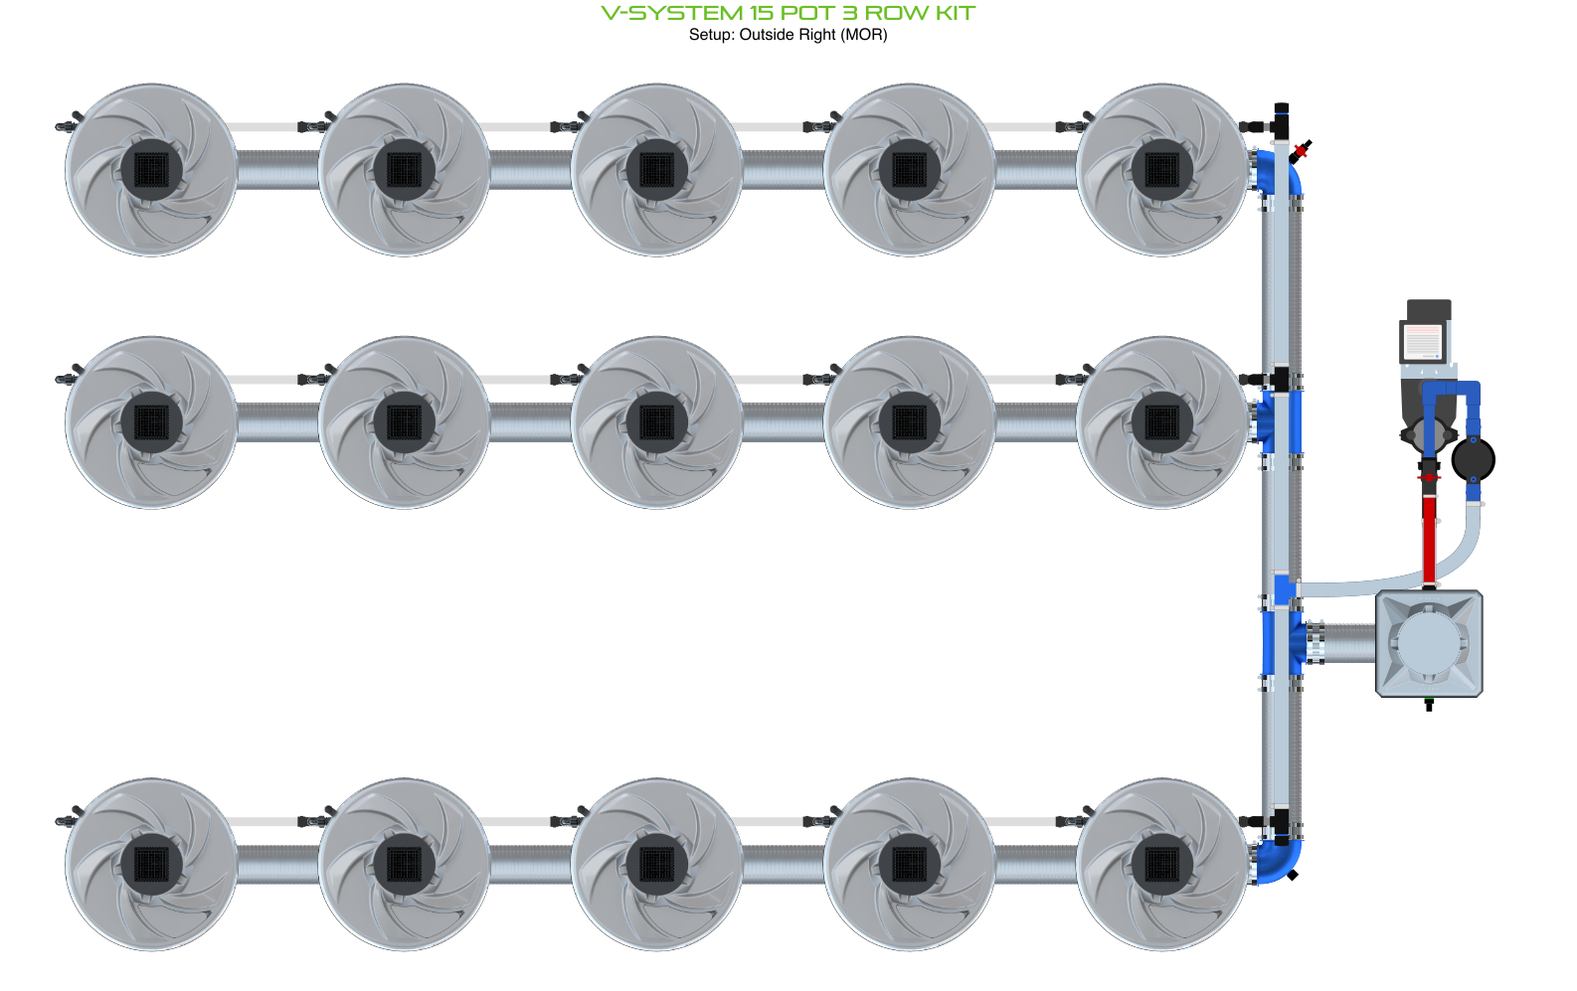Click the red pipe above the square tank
tap(1429, 539)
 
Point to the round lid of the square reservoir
tap(1429, 643)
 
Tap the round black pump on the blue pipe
tap(1473, 460)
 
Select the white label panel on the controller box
tap(1422, 342)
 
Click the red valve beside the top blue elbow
tap(1301, 149)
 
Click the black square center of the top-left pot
tap(151, 170)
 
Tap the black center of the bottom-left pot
tap(151, 865)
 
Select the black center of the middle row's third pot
tap(657, 422)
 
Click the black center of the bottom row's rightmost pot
tap(1162, 865)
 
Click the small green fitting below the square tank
tap(1429, 703)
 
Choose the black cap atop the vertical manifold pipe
tap(1282, 109)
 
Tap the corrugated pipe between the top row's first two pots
tap(277, 170)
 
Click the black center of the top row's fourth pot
tap(910, 170)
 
